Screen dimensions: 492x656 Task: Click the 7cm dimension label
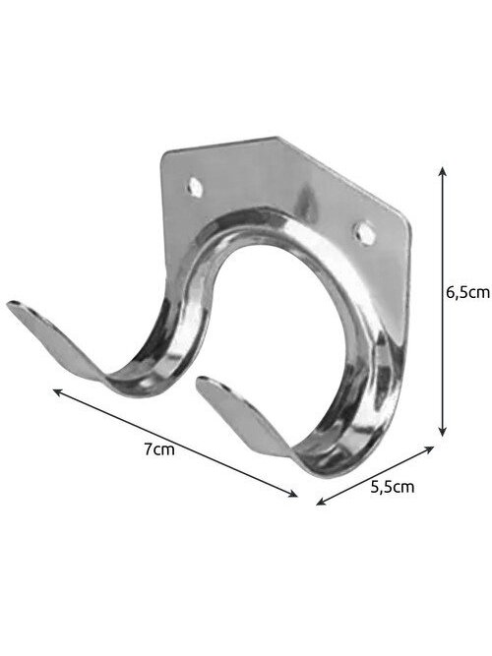click(x=159, y=450)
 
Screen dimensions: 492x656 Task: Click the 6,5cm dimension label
click(x=467, y=292)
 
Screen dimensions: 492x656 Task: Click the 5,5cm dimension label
click(x=393, y=487)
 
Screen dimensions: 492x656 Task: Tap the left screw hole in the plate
click(x=195, y=187)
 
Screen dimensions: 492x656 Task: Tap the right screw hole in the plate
click(x=365, y=233)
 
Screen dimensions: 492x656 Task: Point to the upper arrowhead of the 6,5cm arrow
click(x=442, y=171)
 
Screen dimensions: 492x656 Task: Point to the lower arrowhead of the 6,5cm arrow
click(x=442, y=432)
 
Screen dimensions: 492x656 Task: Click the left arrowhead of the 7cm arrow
click(x=58, y=392)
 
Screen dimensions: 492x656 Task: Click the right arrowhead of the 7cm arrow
click(x=292, y=494)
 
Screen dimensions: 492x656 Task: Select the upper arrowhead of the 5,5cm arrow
click(x=429, y=449)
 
